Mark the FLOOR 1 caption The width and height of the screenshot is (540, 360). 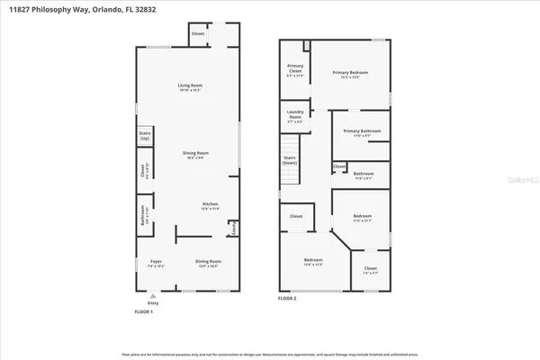click(x=144, y=311)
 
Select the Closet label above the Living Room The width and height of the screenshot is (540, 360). click(x=198, y=34)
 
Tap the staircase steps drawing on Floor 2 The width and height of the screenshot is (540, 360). click(x=290, y=146)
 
